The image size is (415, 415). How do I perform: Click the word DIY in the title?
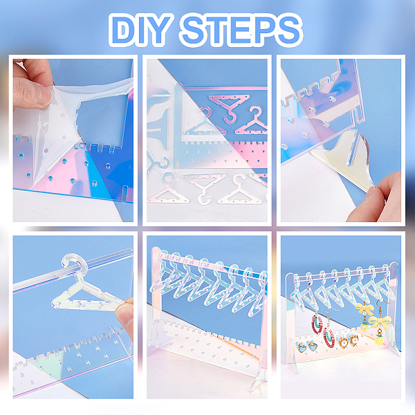coord(140,29)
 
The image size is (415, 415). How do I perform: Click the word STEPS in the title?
coord(240,29)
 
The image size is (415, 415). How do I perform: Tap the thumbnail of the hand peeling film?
coord(73,140)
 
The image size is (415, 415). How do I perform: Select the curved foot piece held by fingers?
coord(344,156)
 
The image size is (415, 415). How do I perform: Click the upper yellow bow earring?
coord(365,309)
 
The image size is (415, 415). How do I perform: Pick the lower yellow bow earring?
coord(379,322)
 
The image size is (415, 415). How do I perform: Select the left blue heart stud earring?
coord(301,347)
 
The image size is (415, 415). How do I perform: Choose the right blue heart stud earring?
coord(313,346)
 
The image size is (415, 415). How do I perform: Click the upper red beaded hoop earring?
coord(316,324)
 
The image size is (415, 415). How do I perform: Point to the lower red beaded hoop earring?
coord(329,338)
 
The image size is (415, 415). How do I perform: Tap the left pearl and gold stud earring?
coord(343,342)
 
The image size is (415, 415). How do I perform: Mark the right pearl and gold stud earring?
coord(354,340)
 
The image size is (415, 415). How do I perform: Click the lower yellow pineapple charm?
coord(379,340)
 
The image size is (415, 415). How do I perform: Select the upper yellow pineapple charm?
coord(365,326)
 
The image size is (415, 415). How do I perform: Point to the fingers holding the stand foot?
coord(375,199)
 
